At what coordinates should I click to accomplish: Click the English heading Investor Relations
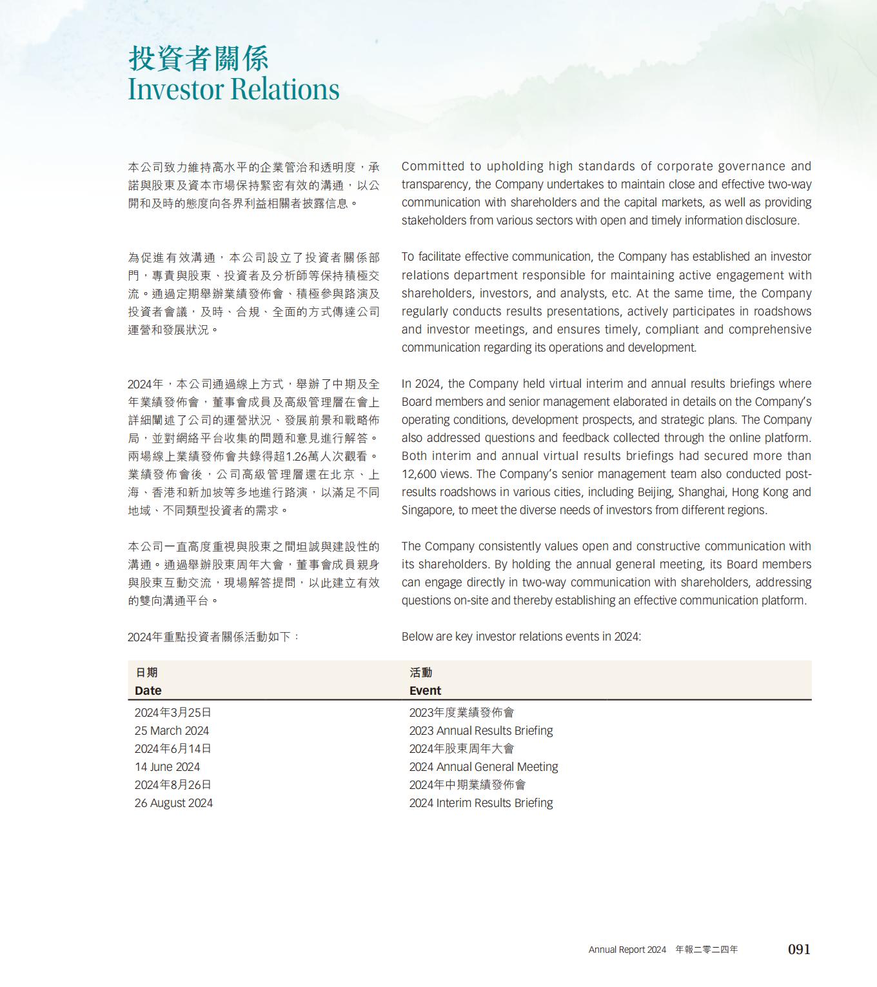coord(233,89)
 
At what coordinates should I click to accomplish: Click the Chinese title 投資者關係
coord(198,58)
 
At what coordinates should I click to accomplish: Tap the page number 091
coord(799,949)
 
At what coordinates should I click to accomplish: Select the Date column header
coord(148,690)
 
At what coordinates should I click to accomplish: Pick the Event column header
coord(425,690)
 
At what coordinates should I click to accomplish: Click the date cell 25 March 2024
coord(172,731)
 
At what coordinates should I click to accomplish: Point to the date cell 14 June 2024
coord(167,767)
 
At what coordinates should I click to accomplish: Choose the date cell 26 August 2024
coord(173,803)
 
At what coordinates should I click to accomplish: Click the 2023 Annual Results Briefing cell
coord(481,731)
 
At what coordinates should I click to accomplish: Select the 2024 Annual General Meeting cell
coord(484,767)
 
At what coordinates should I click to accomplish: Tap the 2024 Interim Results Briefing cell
coord(481,803)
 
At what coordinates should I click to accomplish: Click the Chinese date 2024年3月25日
coord(173,713)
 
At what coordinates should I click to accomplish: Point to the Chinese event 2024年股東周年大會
coord(462,749)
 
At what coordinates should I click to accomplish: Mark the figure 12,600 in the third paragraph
coord(419,474)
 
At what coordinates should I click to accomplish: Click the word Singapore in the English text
coord(427,510)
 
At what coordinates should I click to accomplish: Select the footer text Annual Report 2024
coord(627,950)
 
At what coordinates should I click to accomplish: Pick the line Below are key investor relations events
coord(521,637)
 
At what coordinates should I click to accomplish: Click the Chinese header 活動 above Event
coord(420,672)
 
